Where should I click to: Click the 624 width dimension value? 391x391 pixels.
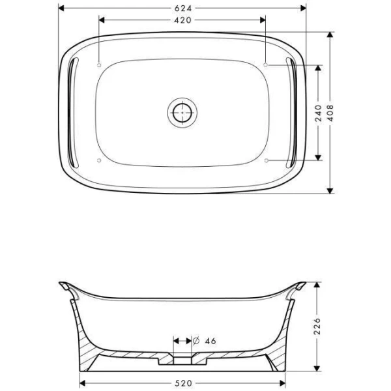(182, 8)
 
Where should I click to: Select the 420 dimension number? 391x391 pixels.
(182, 20)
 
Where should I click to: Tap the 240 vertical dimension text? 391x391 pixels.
(318, 112)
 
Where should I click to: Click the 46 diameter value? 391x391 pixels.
(210, 340)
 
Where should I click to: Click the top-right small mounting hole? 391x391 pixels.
(266, 65)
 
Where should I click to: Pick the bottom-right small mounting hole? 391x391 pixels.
(266, 160)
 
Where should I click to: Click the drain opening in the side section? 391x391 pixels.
(182, 358)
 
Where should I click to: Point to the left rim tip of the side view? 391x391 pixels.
(62, 285)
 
